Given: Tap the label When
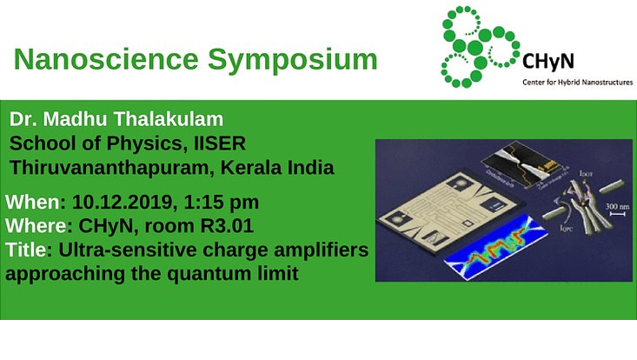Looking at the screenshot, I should [31, 203].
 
